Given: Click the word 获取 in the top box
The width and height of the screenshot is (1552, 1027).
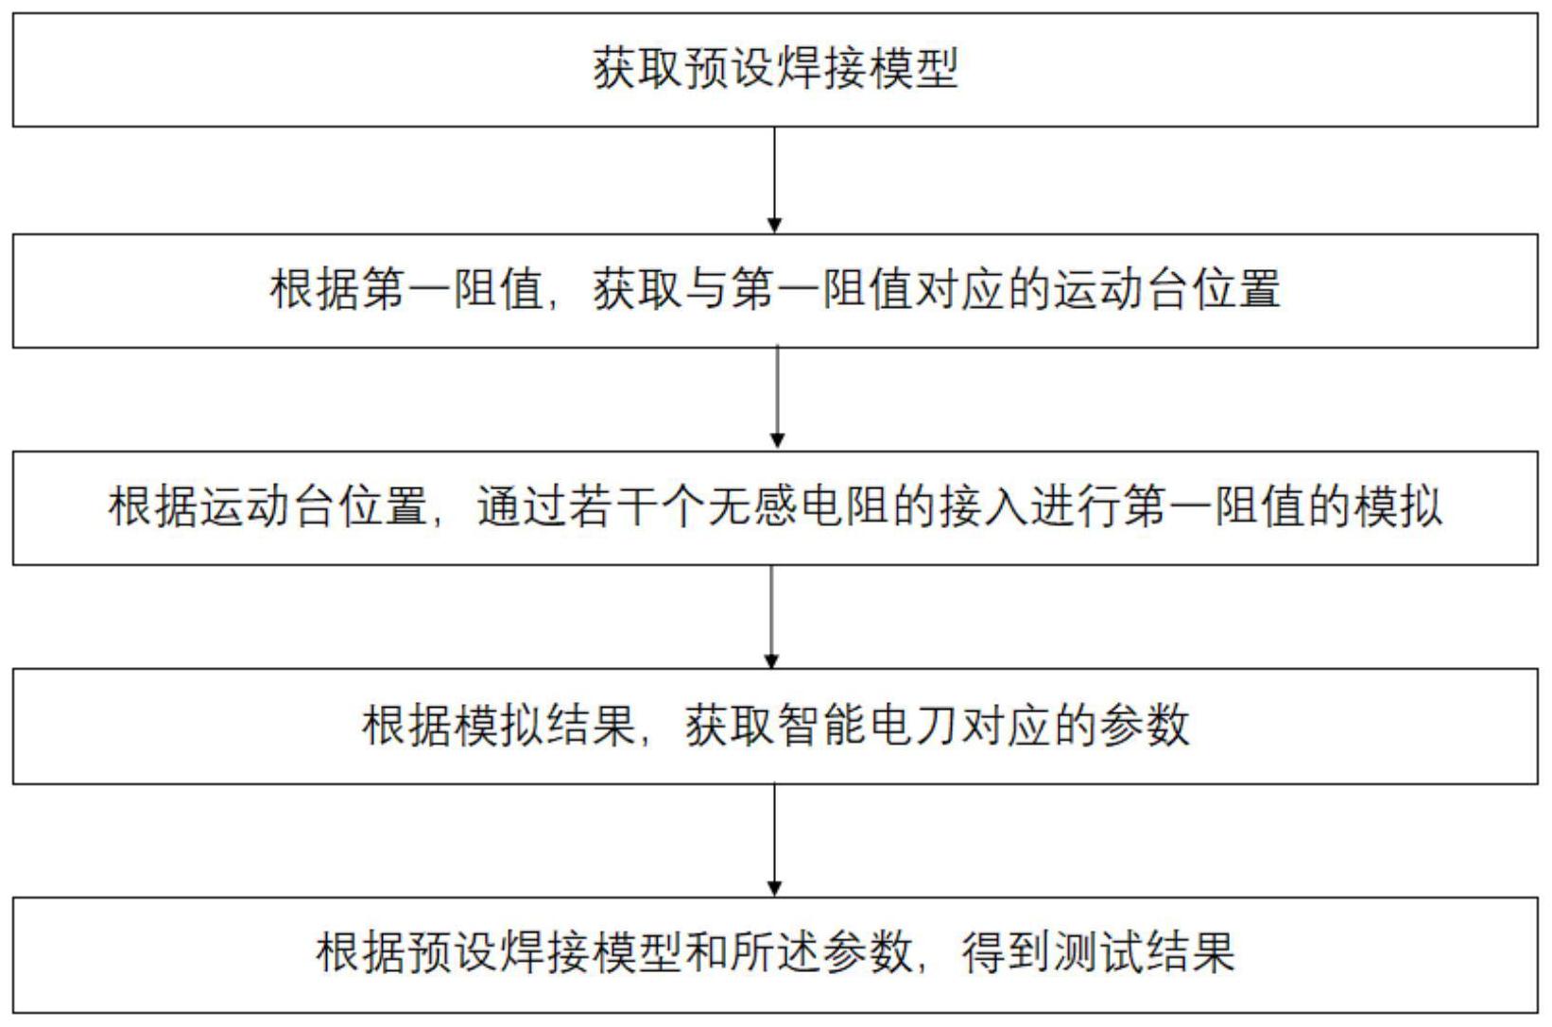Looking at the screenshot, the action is coord(637,69).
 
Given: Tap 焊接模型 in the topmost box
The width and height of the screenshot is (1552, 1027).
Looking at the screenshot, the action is coord(867,69).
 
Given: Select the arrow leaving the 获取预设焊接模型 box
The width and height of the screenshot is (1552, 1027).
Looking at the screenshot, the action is coord(775,180).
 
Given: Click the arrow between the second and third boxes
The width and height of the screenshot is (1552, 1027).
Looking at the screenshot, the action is coord(777,398).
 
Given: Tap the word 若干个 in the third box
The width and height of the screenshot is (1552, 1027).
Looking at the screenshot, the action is coord(637,507).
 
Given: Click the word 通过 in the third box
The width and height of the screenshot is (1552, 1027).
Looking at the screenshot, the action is coord(522,507).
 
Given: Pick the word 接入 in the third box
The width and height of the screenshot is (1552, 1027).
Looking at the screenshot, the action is coord(984,507).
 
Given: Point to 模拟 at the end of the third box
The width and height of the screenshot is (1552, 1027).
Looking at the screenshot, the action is coord(1399,507).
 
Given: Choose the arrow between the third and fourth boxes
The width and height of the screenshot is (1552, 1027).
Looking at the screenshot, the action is coord(771,617).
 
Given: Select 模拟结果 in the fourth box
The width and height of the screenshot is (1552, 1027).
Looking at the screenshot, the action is coord(499,727).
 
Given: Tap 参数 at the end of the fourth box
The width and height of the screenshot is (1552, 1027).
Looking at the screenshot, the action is coord(1145,727).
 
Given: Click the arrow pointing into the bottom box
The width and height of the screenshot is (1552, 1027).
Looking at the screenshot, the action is coord(775,840).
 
